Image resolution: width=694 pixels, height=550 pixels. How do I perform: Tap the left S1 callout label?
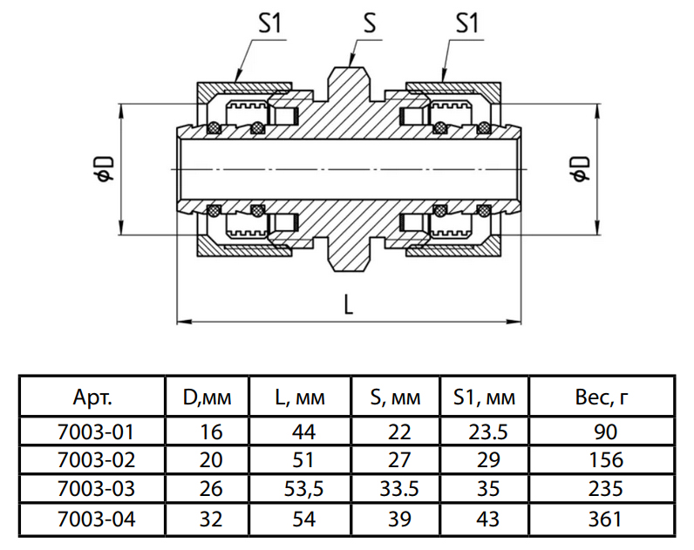click(269, 24)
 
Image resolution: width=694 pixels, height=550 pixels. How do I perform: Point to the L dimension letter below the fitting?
click(348, 303)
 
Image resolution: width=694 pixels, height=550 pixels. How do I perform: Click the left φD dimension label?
click(104, 169)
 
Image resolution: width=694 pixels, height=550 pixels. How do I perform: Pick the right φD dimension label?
click(578, 169)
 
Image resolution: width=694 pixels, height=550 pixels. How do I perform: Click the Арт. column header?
click(92, 398)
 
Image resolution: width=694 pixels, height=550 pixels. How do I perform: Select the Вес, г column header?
click(602, 398)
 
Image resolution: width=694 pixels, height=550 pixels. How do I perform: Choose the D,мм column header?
click(207, 398)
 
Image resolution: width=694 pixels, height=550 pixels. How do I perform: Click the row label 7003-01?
click(92, 431)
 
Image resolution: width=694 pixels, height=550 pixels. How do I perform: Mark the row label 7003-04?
click(92, 519)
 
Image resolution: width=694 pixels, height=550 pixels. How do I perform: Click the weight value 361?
click(603, 519)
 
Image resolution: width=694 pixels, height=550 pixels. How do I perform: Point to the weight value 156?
click(603, 460)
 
